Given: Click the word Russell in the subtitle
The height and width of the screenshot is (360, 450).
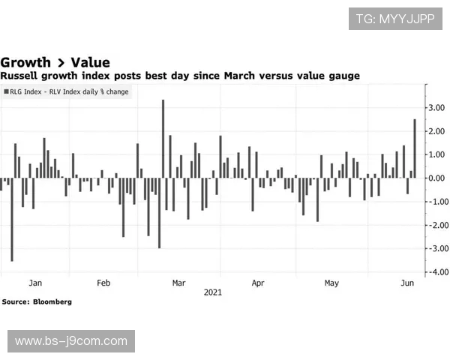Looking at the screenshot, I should click(x=20, y=76).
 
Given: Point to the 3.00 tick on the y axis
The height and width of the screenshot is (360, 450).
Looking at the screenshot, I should click(x=438, y=108).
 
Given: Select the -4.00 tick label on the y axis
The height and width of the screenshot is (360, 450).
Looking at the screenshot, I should click(x=436, y=271).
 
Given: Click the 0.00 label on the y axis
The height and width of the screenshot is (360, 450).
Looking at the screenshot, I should click(x=438, y=178).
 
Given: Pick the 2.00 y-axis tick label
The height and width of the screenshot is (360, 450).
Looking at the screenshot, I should click(x=438, y=131).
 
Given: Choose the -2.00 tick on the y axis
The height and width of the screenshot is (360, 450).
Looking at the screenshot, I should click(x=436, y=225).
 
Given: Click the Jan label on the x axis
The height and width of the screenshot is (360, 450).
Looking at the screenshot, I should click(x=35, y=283).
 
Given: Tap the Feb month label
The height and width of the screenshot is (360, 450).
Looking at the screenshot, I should click(x=103, y=283).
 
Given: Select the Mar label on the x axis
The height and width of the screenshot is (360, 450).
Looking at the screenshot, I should click(x=178, y=283).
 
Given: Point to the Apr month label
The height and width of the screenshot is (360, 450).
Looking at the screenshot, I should click(x=258, y=283).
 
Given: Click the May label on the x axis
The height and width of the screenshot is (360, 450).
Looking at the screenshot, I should click(x=331, y=283).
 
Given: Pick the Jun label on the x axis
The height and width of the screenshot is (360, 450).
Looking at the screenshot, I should click(x=408, y=283).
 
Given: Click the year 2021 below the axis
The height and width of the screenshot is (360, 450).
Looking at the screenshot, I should click(x=213, y=292).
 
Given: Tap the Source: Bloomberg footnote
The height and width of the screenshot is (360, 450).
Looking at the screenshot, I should click(x=37, y=301).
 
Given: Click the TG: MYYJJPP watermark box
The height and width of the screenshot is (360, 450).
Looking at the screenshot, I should click(x=394, y=18).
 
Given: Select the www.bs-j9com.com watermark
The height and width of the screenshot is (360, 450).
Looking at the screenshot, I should click(x=71, y=341).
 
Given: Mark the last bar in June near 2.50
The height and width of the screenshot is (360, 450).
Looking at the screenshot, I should click(x=415, y=148).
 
